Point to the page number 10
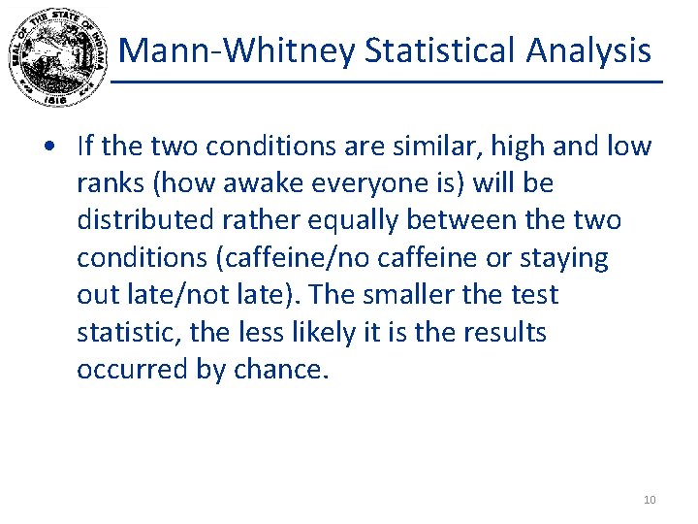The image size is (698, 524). pos(650,500)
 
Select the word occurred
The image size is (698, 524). pos(123,370)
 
